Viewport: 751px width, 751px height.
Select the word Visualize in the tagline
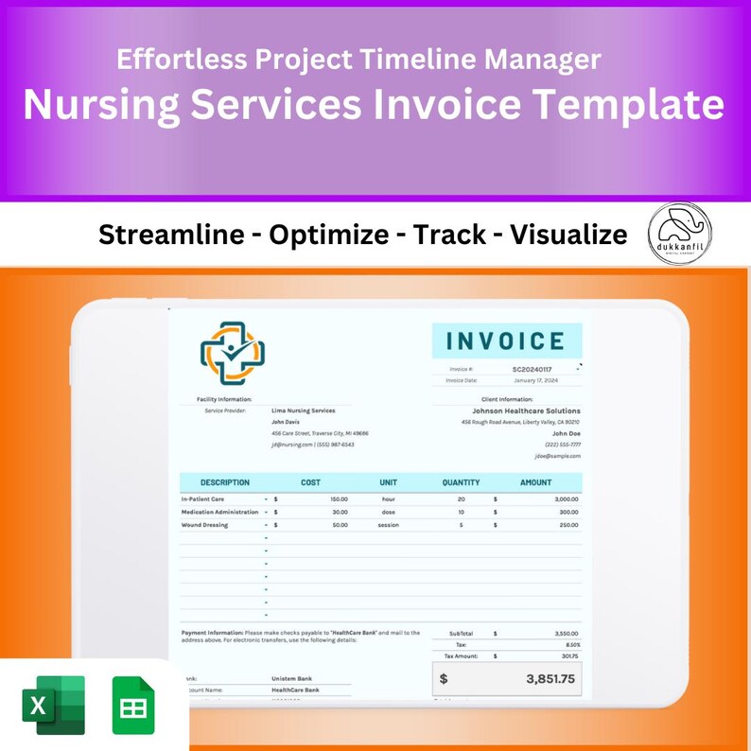pyautogui.click(x=568, y=234)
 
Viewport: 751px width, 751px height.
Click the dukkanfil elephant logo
pyautogui.click(x=680, y=234)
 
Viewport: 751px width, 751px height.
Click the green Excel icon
pyautogui.click(x=54, y=705)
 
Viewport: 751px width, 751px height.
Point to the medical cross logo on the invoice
pyautogui.click(x=233, y=352)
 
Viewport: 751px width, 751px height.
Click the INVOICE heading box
pyautogui.click(x=507, y=341)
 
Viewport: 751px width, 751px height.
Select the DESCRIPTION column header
pyautogui.click(x=225, y=482)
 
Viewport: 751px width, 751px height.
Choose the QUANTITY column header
pyautogui.click(x=461, y=482)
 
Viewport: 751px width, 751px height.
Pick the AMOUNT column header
pyautogui.click(x=535, y=482)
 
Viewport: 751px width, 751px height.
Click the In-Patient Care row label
pyautogui.click(x=203, y=498)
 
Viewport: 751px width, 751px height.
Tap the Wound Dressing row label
pyautogui.click(x=204, y=525)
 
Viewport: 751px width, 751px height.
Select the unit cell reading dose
pyautogui.click(x=388, y=512)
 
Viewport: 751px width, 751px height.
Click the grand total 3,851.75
pyautogui.click(x=550, y=678)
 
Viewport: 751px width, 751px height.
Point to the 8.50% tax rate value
pyautogui.click(x=568, y=644)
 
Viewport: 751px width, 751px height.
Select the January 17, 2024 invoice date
pyautogui.click(x=535, y=380)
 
